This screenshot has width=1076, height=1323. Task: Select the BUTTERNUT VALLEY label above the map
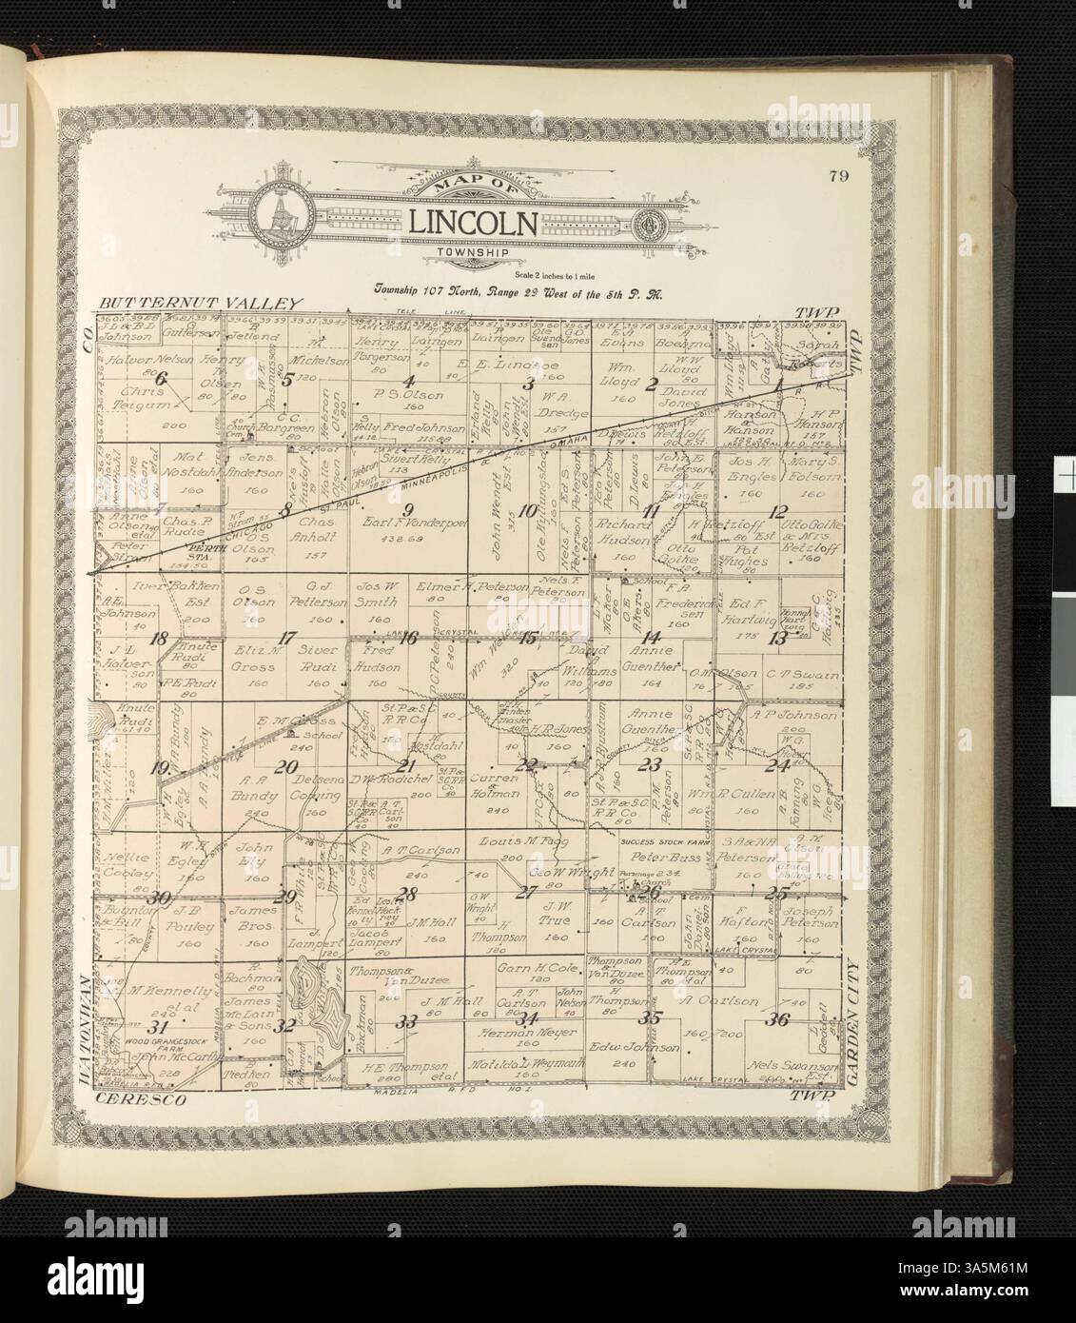(200, 303)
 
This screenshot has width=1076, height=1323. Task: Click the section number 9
(408, 505)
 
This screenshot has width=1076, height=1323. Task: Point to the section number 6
(161, 380)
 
